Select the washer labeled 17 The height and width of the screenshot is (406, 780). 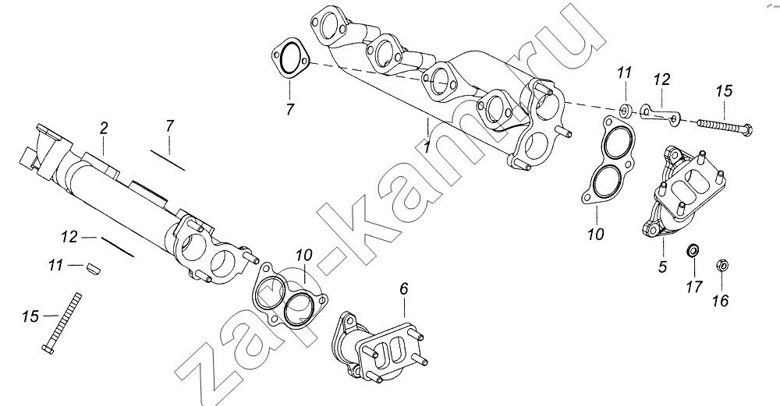[691, 251]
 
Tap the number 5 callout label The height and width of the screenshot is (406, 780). [662, 267]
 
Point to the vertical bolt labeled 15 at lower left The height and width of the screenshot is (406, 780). [62, 323]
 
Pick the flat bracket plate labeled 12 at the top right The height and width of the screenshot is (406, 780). [659, 112]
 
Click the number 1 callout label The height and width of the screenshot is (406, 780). [426, 147]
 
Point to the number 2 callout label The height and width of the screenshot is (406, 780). [103, 129]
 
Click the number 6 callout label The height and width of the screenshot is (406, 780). [404, 289]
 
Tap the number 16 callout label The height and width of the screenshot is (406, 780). [721, 301]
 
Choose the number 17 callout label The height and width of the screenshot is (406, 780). [694, 287]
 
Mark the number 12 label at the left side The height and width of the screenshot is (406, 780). [69, 237]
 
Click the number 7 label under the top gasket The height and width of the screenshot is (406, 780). [290, 109]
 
